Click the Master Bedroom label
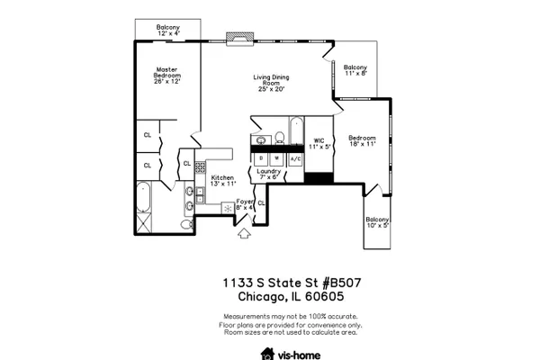(x=167, y=76)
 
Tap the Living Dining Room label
(x=272, y=83)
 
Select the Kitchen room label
(x=223, y=181)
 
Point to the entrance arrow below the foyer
(x=244, y=233)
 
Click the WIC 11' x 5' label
(x=319, y=144)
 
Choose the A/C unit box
(x=296, y=159)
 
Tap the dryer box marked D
(x=261, y=159)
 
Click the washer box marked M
(x=276, y=159)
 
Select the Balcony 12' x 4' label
(x=168, y=30)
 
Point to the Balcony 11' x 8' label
(x=355, y=70)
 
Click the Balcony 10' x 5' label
(x=377, y=222)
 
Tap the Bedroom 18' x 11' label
(x=362, y=141)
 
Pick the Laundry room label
(x=269, y=174)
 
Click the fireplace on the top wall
(x=240, y=39)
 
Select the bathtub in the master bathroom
(x=144, y=197)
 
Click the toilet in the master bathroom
(x=187, y=225)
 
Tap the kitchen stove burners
(x=200, y=167)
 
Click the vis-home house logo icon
(x=267, y=354)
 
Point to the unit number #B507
(x=342, y=283)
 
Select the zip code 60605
(x=325, y=296)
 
